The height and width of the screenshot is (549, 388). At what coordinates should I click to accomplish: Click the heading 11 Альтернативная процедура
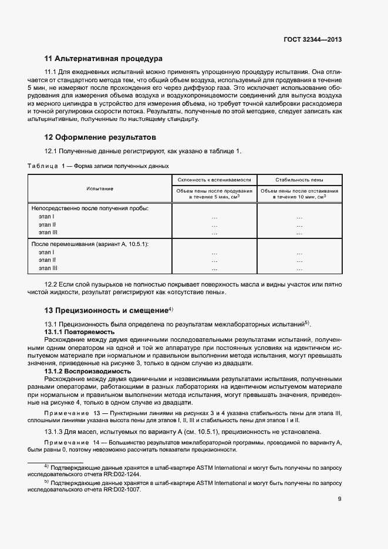pos(103,59)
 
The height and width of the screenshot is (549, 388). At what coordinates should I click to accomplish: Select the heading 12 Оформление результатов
pos(100,138)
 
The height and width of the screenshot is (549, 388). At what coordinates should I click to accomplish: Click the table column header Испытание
pos(100,188)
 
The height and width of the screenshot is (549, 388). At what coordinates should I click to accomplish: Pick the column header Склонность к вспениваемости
pos(214,180)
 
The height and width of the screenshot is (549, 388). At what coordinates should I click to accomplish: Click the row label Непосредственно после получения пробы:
pos(90,208)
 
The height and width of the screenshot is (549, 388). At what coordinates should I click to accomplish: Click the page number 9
pos(340,499)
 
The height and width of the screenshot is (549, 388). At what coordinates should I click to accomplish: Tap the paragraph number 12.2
pos(52,284)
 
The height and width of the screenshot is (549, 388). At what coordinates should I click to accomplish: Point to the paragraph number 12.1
pos(52,151)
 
